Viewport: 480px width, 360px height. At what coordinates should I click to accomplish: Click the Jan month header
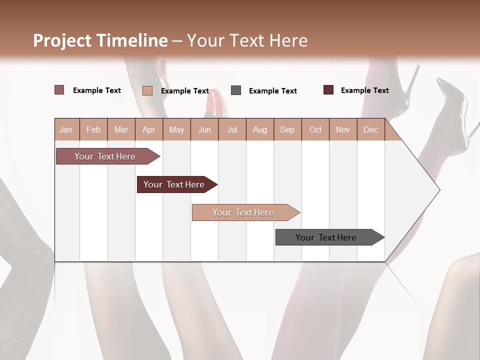[x=66, y=129]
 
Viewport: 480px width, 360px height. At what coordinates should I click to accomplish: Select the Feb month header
[x=93, y=129]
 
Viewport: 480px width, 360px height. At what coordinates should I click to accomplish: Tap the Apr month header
[x=148, y=129]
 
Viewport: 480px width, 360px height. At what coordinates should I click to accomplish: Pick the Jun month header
[x=204, y=129]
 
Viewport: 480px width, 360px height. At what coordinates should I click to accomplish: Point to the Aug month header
[x=259, y=129]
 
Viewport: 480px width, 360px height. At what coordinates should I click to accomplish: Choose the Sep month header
[x=287, y=129]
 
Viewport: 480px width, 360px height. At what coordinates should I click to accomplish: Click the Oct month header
[x=315, y=129]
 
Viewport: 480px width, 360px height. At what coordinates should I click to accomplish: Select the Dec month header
[x=370, y=129]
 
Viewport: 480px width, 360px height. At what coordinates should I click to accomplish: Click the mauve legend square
[x=59, y=90]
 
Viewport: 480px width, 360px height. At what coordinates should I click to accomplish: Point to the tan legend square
[x=147, y=90]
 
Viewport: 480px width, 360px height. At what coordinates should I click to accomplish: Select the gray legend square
[x=236, y=90]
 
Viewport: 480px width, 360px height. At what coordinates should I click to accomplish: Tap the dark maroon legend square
[x=328, y=90]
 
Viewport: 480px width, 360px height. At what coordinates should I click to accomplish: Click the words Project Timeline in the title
[x=100, y=40]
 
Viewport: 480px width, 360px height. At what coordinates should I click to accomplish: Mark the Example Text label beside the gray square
[x=273, y=91]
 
